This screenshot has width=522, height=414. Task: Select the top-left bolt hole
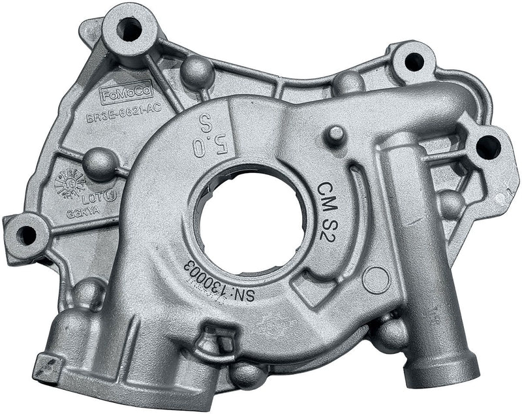(129, 29)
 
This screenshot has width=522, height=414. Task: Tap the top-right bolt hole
(414, 62)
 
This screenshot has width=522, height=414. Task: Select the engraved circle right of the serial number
(376, 280)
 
